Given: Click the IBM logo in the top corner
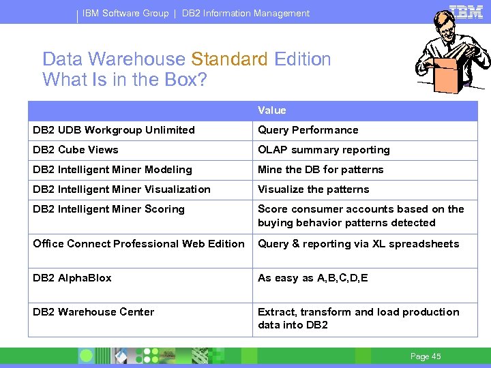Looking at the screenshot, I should tap(466, 13).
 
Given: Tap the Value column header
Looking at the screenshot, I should tap(271, 110).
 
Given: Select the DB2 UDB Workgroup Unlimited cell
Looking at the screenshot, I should tap(114, 130).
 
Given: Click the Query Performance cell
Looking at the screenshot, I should tap(308, 130).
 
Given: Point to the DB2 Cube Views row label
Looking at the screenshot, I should tap(76, 150).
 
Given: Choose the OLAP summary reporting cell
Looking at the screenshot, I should tap(323, 150).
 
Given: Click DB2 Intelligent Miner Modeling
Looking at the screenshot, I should tap(113, 170).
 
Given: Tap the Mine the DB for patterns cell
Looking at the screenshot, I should tap(321, 170).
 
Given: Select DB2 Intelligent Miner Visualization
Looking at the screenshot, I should tap(121, 189).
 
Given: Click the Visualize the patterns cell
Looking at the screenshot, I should tap(313, 189).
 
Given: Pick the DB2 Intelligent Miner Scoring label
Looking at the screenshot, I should tap(108, 209).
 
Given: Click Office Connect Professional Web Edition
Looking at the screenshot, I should tap(138, 244).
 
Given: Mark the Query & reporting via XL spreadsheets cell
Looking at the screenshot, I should tap(358, 244).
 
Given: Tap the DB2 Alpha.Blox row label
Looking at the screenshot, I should tap(72, 278).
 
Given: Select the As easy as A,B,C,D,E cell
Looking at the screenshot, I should tap(313, 278).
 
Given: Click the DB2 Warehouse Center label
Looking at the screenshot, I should tap(93, 312).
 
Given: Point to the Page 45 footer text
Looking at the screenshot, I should tap(426, 356).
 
